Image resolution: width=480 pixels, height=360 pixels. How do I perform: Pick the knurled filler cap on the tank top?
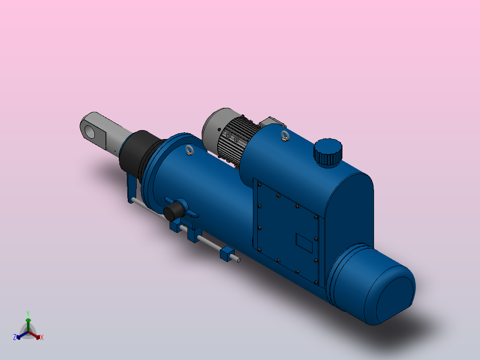click(x=328, y=152)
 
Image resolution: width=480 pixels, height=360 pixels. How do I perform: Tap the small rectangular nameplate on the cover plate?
click(x=305, y=243)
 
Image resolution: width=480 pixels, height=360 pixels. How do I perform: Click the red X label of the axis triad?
click(x=42, y=338)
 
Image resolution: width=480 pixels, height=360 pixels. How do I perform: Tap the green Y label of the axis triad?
click(x=28, y=313)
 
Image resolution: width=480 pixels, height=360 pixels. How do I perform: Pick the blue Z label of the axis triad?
click(x=15, y=337)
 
